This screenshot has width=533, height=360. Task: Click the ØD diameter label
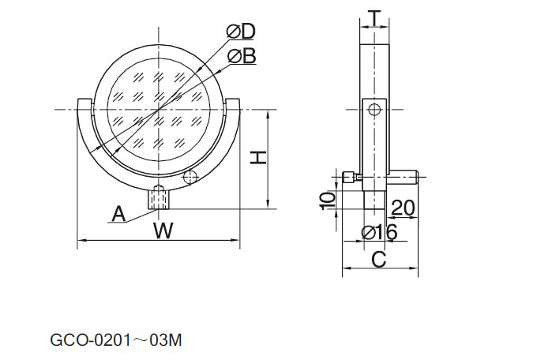[x=241, y=32]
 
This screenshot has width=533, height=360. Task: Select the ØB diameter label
[x=242, y=56]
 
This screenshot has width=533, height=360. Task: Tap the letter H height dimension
[x=259, y=159]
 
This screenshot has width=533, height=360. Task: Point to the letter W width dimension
[x=163, y=231]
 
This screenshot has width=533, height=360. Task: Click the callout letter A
[x=118, y=214]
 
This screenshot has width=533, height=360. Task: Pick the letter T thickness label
[x=374, y=18]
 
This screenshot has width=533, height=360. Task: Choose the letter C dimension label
[x=379, y=260]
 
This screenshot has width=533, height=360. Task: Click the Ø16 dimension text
[x=379, y=233]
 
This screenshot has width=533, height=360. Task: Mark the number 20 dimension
[x=404, y=208]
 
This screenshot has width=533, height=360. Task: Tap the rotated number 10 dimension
[x=328, y=201]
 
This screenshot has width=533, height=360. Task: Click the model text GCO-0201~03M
[x=116, y=340]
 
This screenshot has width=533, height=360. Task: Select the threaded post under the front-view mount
[x=158, y=197]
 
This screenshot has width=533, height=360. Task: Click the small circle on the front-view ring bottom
[x=190, y=177]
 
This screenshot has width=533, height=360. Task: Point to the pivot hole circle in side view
[x=374, y=110]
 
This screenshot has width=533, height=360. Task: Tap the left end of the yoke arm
[x=85, y=100]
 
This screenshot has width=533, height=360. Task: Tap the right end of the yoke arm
[x=233, y=100]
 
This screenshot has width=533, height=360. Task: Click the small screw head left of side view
[x=349, y=177]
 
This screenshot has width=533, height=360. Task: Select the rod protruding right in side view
[x=404, y=177]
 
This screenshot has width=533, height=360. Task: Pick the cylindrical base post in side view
[x=374, y=200]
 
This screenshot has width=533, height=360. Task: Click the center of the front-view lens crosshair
[x=159, y=110]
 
